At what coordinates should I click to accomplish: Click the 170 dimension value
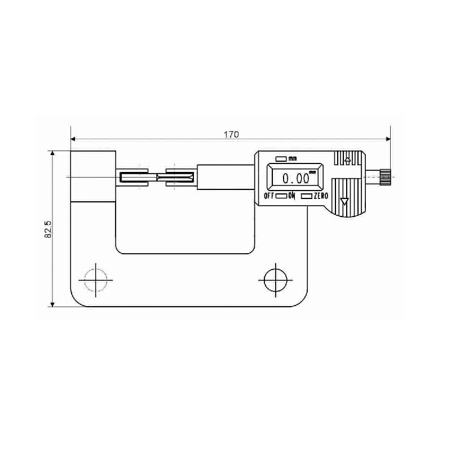coord(231,134)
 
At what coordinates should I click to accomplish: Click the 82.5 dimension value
coord(48,229)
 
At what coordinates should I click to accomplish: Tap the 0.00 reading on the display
coord(295,179)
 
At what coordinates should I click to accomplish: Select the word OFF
coord(269,196)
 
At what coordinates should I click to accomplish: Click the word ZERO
coord(321,196)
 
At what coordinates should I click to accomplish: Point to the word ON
coord(291,196)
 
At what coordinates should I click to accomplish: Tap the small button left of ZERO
coord(307,196)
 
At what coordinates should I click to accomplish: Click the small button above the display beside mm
coord(281,158)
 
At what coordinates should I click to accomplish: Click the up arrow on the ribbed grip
coord(347,161)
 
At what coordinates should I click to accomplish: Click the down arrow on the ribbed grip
coord(344,201)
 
